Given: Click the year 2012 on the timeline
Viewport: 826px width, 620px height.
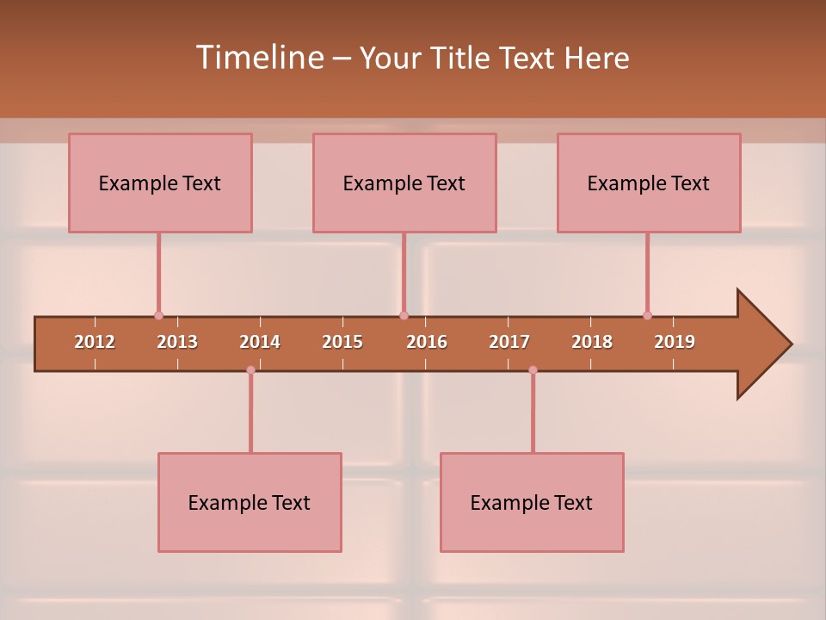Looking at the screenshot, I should tap(95, 342).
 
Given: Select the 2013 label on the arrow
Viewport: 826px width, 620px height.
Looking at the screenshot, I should tap(177, 342).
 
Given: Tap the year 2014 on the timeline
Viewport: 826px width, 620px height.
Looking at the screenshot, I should tap(260, 342).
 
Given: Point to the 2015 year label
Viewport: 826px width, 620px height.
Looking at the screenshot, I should tap(342, 342).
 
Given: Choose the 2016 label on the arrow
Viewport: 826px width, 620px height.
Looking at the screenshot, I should tap(427, 342).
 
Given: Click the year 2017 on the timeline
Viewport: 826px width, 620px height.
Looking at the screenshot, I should tap(509, 342).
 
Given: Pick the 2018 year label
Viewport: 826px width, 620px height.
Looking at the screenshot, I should tap(592, 342).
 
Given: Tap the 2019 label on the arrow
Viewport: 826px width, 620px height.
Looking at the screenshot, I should tap(675, 342).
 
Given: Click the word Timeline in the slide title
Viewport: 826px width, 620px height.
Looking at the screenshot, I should tap(258, 58).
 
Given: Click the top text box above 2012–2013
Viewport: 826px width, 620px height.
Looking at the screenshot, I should tap(160, 183).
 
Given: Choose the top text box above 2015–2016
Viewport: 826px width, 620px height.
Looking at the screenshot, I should tap(404, 183).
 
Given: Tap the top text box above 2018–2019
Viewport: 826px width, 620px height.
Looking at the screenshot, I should tap(649, 183).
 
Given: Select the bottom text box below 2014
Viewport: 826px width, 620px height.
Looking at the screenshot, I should tap(250, 502).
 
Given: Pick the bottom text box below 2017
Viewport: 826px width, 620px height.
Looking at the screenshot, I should tap(532, 502).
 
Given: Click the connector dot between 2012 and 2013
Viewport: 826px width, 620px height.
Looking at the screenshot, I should tap(158, 315).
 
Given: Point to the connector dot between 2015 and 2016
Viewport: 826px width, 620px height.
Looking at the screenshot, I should tap(404, 315).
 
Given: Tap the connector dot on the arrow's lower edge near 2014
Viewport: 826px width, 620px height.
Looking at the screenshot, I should tap(250, 370).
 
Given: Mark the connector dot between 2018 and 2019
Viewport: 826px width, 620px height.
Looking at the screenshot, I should tap(647, 315).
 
